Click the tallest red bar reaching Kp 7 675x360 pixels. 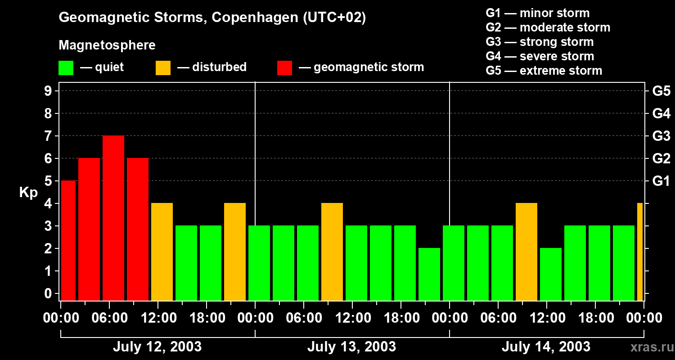pyautogui.click(x=113, y=218)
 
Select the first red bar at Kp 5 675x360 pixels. pyautogui.click(x=68, y=240)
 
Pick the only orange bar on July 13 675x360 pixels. pyautogui.click(x=332, y=252)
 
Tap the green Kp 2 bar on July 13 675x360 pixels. pyautogui.click(x=429, y=274)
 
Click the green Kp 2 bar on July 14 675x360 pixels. pyautogui.click(x=551, y=274)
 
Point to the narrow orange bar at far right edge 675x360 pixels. pyautogui.click(x=640, y=252)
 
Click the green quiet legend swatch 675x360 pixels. pyautogui.click(x=66, y=67)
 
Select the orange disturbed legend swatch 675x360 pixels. pyautogui.click(x=163, y=67)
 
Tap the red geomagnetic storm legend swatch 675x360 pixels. pyautogui.click(x=285, y=67)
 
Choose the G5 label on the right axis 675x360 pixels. pyautogui.click(x=661, y=91)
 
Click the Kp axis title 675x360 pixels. pyautogui.click(x=28, y=193)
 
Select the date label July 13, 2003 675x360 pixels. pyautogui.click(x=351, y=346)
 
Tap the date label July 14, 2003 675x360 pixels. pyautogui.click(x=546, y=346)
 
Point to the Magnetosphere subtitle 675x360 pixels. pyautogui.click(x=107, y=45)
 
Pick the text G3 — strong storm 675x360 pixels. pyautogui.click(x=540, y=42)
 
